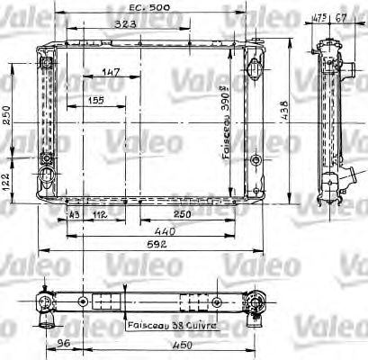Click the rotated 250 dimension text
[x=7, y=116]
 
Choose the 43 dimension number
[x=73, y=214]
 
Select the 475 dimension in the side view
[x=319, y=15]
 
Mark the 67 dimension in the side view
[x=341, y=15]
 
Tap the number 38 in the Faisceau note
[x=180, y=326]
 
